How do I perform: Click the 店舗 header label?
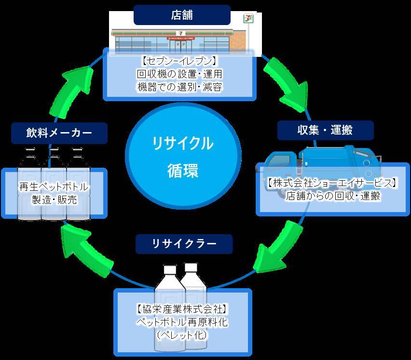click(x=182, y=15)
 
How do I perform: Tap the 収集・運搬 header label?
click(x=325, y=130)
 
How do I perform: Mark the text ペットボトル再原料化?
click(x=182, y=321)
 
